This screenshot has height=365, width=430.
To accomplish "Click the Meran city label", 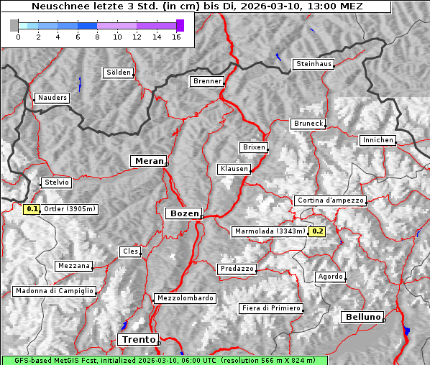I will (x=148, y=161).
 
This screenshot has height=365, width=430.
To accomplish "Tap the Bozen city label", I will (x=183, y=213).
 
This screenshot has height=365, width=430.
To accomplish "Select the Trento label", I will (x=137, y=339).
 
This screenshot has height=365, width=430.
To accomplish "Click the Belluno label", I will (x=362, y=317).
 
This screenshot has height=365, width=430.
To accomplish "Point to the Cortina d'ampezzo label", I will (x=330, y=200).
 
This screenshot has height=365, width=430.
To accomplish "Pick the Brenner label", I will (x=207, y=81).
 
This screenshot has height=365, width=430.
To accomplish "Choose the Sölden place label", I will (x=119, y=73).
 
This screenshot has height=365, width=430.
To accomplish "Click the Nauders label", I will (x=52, y=98).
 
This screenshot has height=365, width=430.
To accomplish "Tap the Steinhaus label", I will (x=314, y=64).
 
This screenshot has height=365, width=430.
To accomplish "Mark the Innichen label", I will (x=378, y=140).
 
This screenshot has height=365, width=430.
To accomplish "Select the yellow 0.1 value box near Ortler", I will (x=32, y=209).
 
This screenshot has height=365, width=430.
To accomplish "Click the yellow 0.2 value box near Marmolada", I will (x=317, y=231).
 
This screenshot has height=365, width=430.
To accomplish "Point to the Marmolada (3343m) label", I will (x=270, y=231).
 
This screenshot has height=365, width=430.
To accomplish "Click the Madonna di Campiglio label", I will (x=54, y=291).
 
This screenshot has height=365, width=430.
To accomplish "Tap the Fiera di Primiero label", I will (x=271, y=308).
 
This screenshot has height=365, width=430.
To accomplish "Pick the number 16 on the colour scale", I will (x=176, y=37).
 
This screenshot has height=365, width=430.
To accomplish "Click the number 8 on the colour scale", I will (x=96, y=37).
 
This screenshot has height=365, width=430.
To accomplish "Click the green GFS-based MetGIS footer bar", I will (x=164, y=360).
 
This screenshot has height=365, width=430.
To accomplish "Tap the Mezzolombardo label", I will (x=184, y=298).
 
